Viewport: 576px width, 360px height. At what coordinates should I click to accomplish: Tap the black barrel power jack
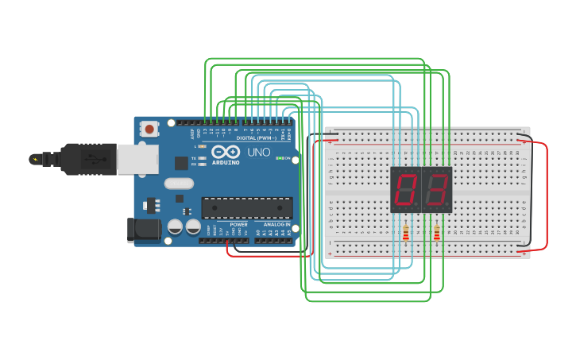(x=143, y=230)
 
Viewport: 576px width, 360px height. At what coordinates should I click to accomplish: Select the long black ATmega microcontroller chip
(x=246, y=207)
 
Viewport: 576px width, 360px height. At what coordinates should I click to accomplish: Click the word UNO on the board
(x=259, y=153)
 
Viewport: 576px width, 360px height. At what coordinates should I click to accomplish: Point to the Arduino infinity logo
(x=226, y=152)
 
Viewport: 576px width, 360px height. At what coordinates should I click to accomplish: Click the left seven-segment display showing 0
(x=406, y=188)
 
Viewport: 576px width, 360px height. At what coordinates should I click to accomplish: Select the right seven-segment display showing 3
(x=436, y=188)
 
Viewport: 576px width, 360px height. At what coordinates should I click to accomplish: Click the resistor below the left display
(x=406, y=233)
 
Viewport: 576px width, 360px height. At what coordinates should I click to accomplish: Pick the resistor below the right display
(x=436, y=233)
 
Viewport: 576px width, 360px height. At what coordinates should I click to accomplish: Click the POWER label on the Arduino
(x=238, y=224)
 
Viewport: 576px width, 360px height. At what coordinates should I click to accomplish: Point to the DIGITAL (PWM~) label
(x=256, y=137)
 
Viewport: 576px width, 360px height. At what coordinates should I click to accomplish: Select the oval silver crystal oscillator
(x=179, y=184)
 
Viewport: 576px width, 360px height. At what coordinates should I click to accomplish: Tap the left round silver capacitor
(x=175, y=227)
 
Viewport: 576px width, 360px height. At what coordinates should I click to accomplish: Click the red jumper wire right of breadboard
(x=546, y=195)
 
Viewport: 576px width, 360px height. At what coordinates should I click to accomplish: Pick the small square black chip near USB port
(x=181, y=163)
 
